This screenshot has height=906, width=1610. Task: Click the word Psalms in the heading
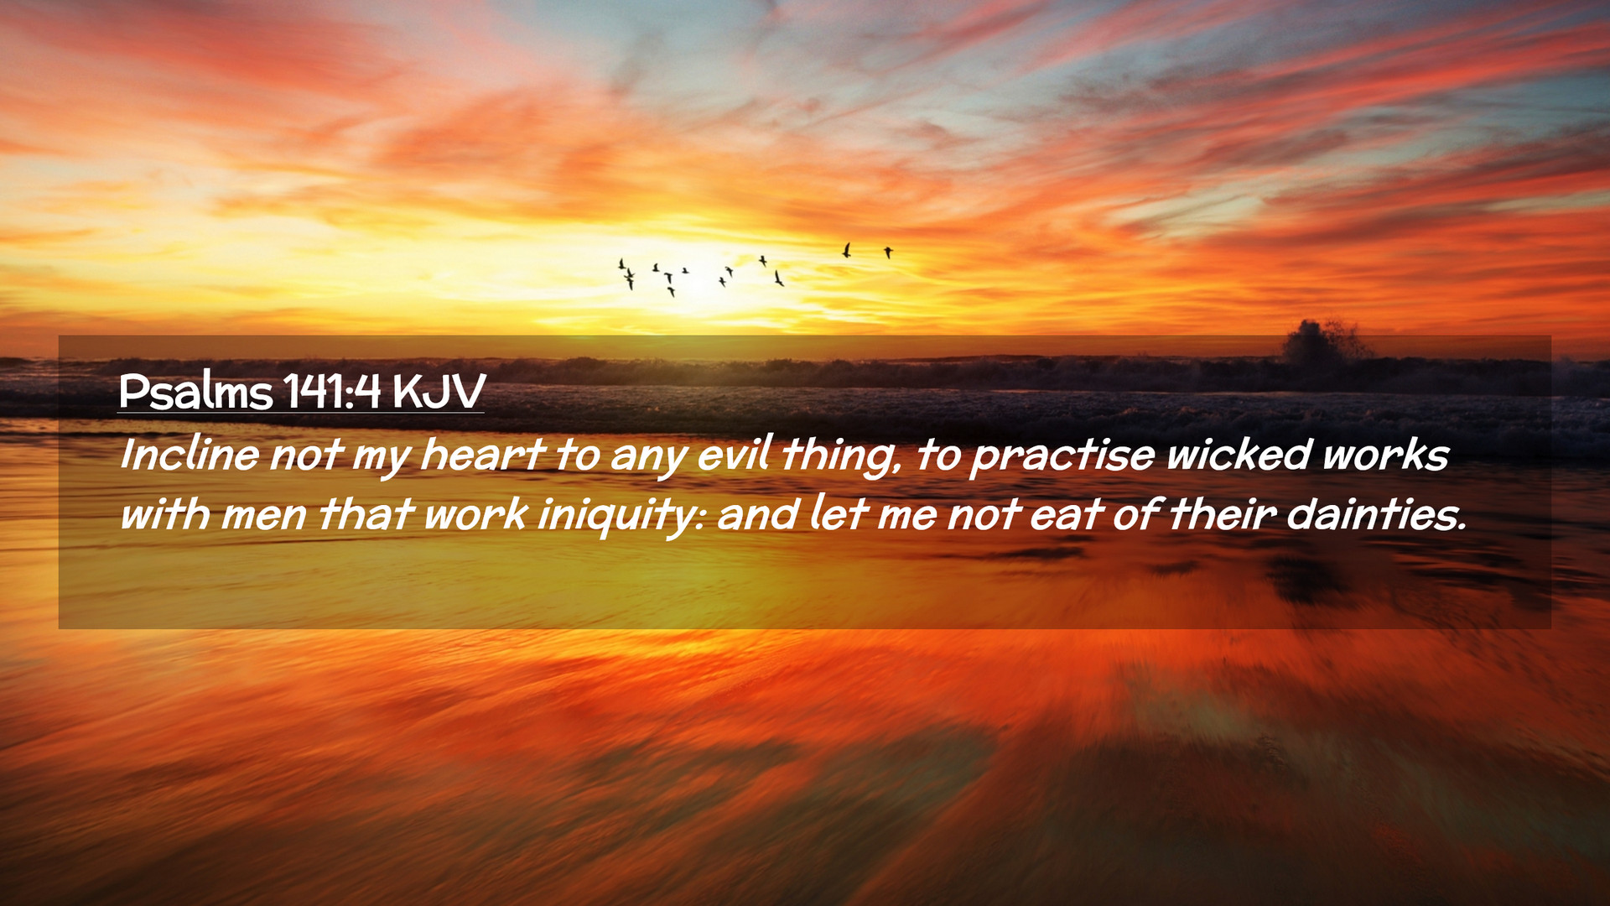[196, 391]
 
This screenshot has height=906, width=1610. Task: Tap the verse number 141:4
[332, 390]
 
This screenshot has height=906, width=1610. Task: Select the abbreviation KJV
[439, 390]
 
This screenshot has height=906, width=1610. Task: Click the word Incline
[190, 455]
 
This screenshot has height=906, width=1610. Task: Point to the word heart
[482, 455]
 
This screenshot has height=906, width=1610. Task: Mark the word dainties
[1377, 514]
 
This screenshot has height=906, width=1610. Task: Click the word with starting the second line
[165, 514]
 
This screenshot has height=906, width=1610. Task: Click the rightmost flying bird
[888, 252]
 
